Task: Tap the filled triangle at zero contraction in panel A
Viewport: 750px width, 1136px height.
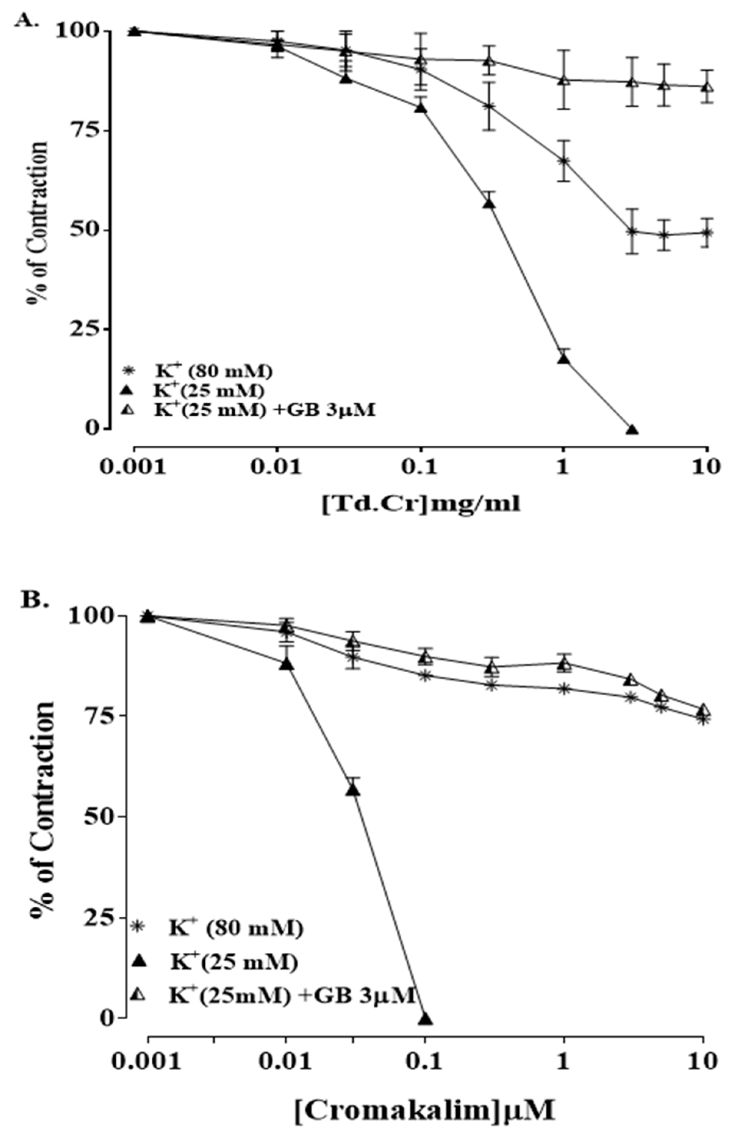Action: click(x=632, y=429)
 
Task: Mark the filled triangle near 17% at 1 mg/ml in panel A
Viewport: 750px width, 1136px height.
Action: click(x=564, y=358)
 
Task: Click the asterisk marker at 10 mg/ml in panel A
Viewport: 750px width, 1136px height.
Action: click(x=707, y=233)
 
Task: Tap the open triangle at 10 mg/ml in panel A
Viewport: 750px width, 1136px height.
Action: click(x=707, y=87)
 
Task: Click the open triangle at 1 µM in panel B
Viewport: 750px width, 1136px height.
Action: click(x=565, y=664)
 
